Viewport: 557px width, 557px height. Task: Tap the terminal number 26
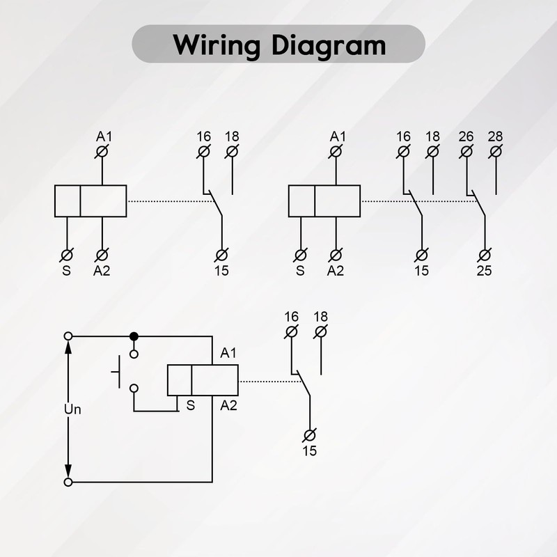click(466, 136)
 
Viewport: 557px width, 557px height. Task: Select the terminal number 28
click(495, 136)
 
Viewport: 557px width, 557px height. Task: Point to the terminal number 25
click(484, 270)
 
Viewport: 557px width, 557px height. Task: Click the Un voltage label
click(72, 409)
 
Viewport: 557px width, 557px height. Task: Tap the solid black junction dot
click(134, 336)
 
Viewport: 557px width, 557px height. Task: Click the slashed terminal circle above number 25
click(484, 255)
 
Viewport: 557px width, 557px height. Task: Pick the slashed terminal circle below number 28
click(495, 151)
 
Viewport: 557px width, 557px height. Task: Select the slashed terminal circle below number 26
click(466, 151)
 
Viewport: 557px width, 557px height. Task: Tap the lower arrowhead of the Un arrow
click(68, 471)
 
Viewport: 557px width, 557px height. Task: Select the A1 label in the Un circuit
click(228, 354)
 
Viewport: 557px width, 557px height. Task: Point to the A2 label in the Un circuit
click(228, 405)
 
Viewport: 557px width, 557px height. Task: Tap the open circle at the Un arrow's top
click(68, 336)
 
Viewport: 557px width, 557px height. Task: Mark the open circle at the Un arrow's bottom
click(68, 482)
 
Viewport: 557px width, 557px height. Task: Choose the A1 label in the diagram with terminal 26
click(337, 136)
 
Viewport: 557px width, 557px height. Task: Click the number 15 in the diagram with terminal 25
click(422, 270)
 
